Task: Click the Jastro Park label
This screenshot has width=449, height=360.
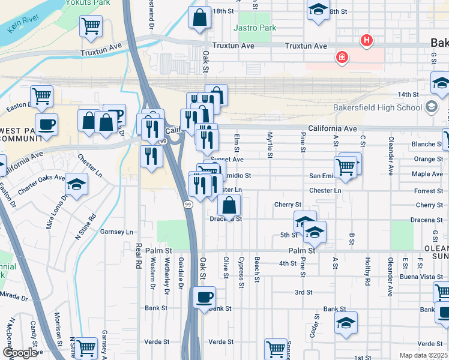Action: pos(260,28)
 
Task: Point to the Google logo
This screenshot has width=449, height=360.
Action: pos(20,353)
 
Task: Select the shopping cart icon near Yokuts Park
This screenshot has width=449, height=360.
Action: pos(91,26)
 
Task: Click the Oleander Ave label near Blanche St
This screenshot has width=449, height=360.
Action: pos(390,161)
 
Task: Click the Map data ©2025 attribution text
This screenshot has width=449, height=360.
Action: pos(423,355)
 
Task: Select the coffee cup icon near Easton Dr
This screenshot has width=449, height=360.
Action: pos(46,124)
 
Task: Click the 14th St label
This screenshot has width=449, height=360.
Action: pos(408,95)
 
